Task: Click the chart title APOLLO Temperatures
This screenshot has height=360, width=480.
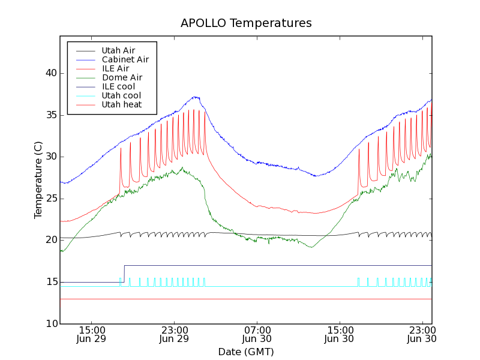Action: click(x=246, y=23)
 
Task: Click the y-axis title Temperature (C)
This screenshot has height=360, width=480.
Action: click(x=38, y=180)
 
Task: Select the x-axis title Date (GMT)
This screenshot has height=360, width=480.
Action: click(x=246, y=352)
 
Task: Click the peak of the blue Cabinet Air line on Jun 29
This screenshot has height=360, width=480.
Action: click(x=195, y=97)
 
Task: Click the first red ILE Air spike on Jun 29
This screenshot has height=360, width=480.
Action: click(x=121, y=148)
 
